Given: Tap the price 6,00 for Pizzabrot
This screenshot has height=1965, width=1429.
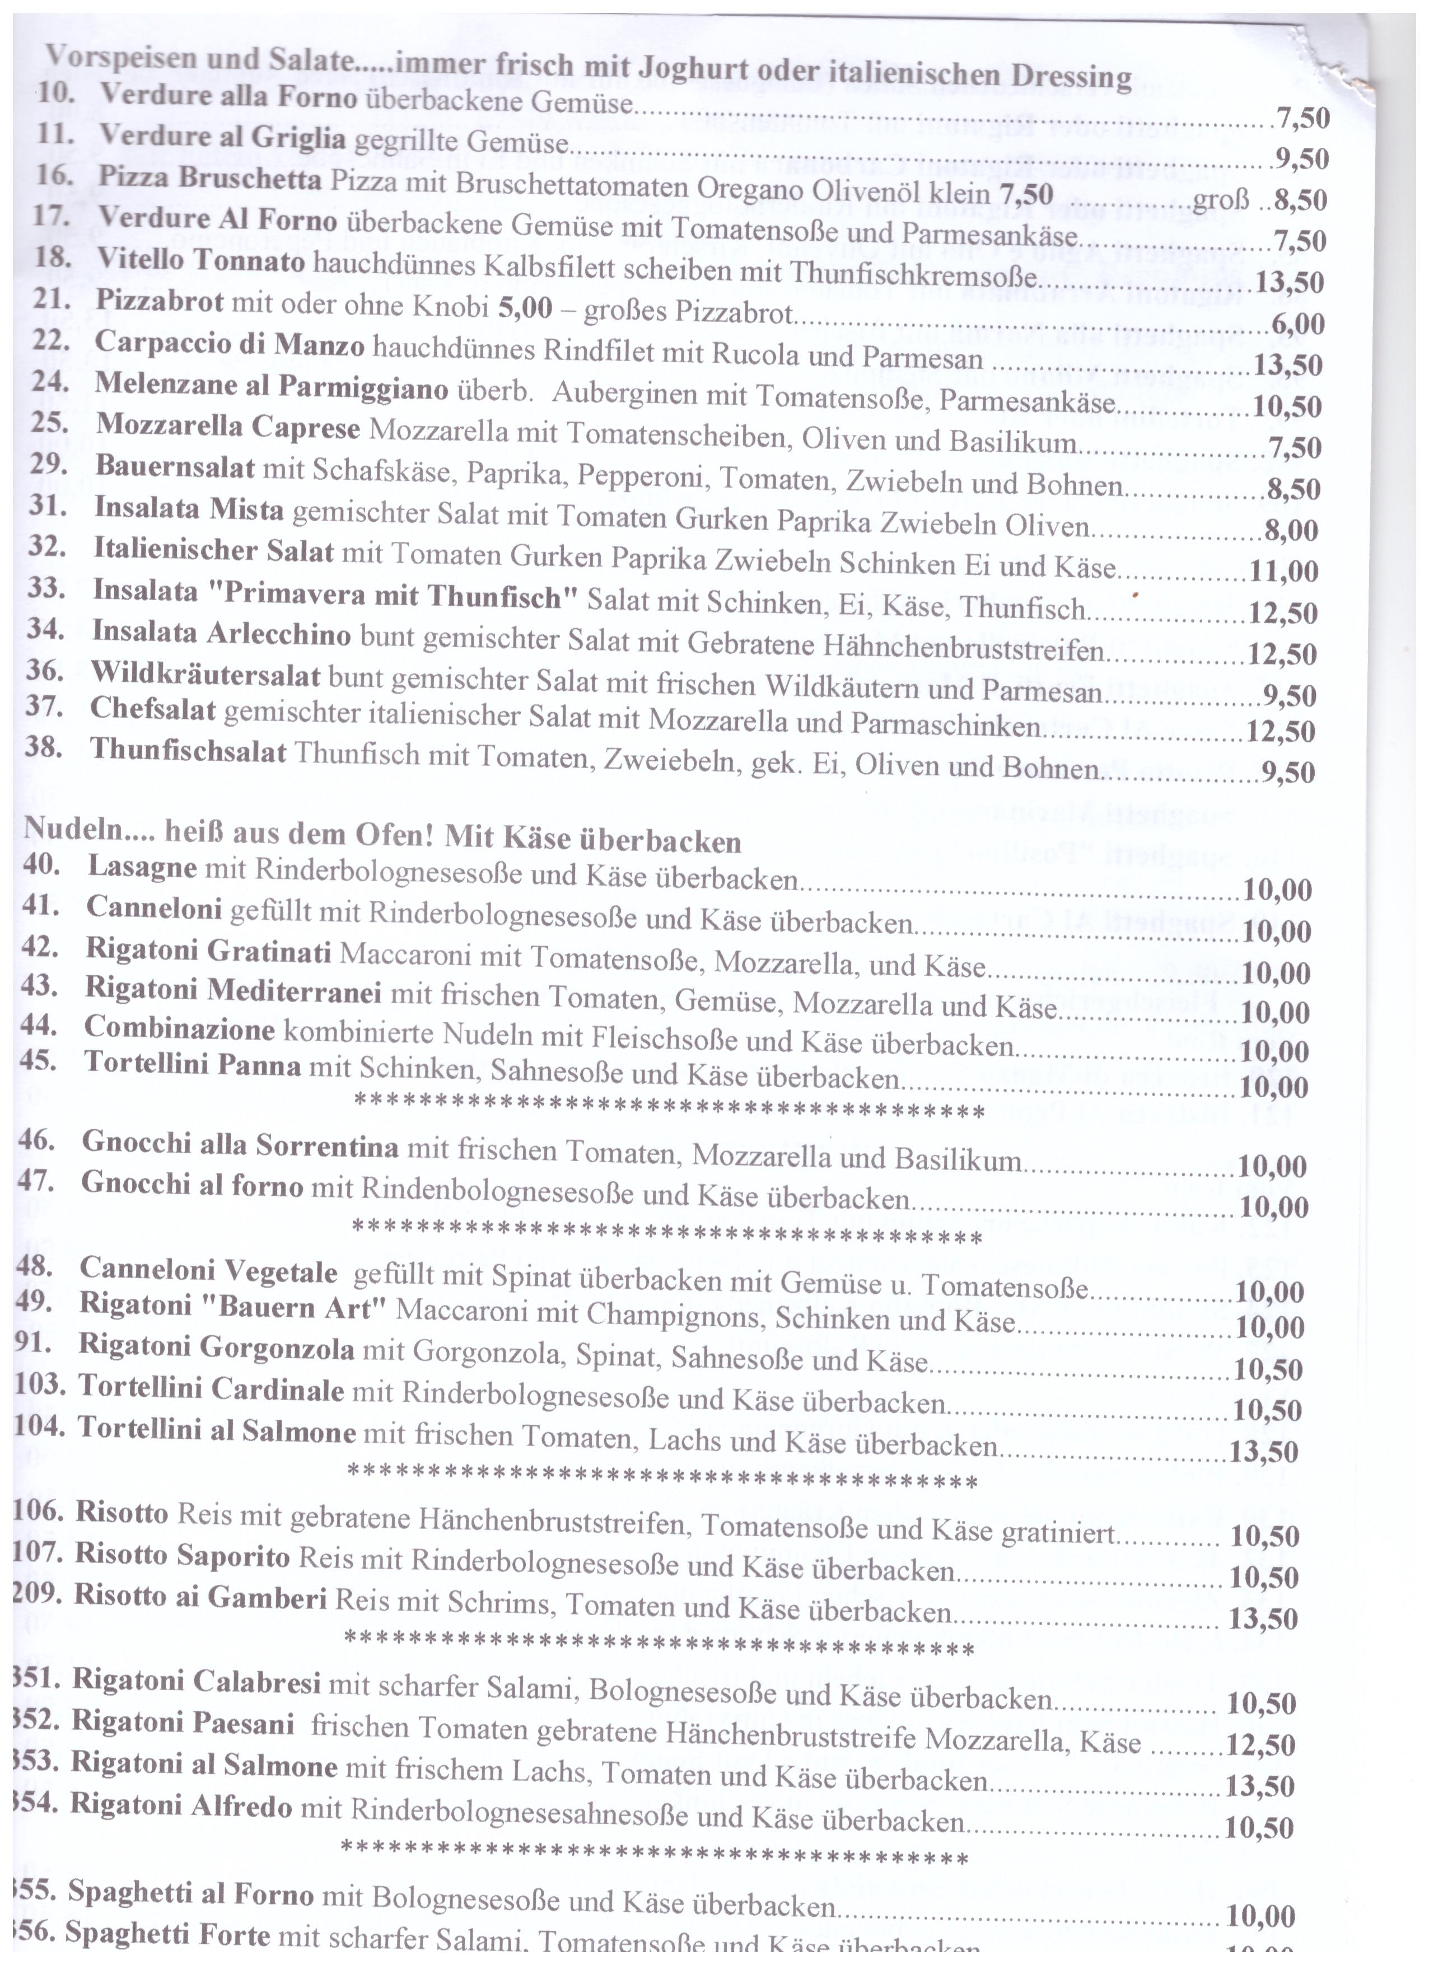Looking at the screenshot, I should (1297, 324).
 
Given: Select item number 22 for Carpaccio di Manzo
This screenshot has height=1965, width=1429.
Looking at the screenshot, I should (50, 340).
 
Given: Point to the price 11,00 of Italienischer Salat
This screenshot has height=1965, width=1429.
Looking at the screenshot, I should (1283, 571).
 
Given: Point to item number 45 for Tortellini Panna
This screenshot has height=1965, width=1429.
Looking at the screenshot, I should (40, 1060).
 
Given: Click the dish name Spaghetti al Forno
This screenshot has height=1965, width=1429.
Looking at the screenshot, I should (190, 1892).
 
